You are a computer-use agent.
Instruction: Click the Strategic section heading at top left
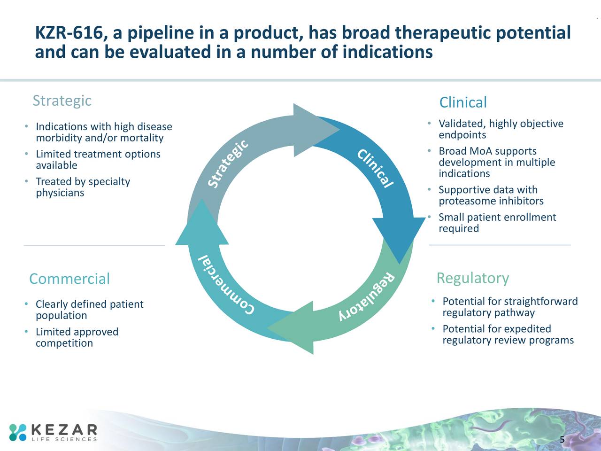pyautogui.click(x=62, y=101)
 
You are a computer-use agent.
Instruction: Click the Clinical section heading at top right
pyautogui.click(x=462, y=102)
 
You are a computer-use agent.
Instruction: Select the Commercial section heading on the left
pyautogui.click(x=69, y=279)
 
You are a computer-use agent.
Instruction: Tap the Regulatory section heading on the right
pyautogui.click(x=472, y=278)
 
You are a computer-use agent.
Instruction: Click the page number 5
pyautogui.click(x=562, y=440)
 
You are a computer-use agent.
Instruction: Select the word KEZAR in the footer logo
pyautogui.click(x=64, y=429)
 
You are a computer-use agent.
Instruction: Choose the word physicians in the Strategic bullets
pyautogui.click(x=60, y=193)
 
